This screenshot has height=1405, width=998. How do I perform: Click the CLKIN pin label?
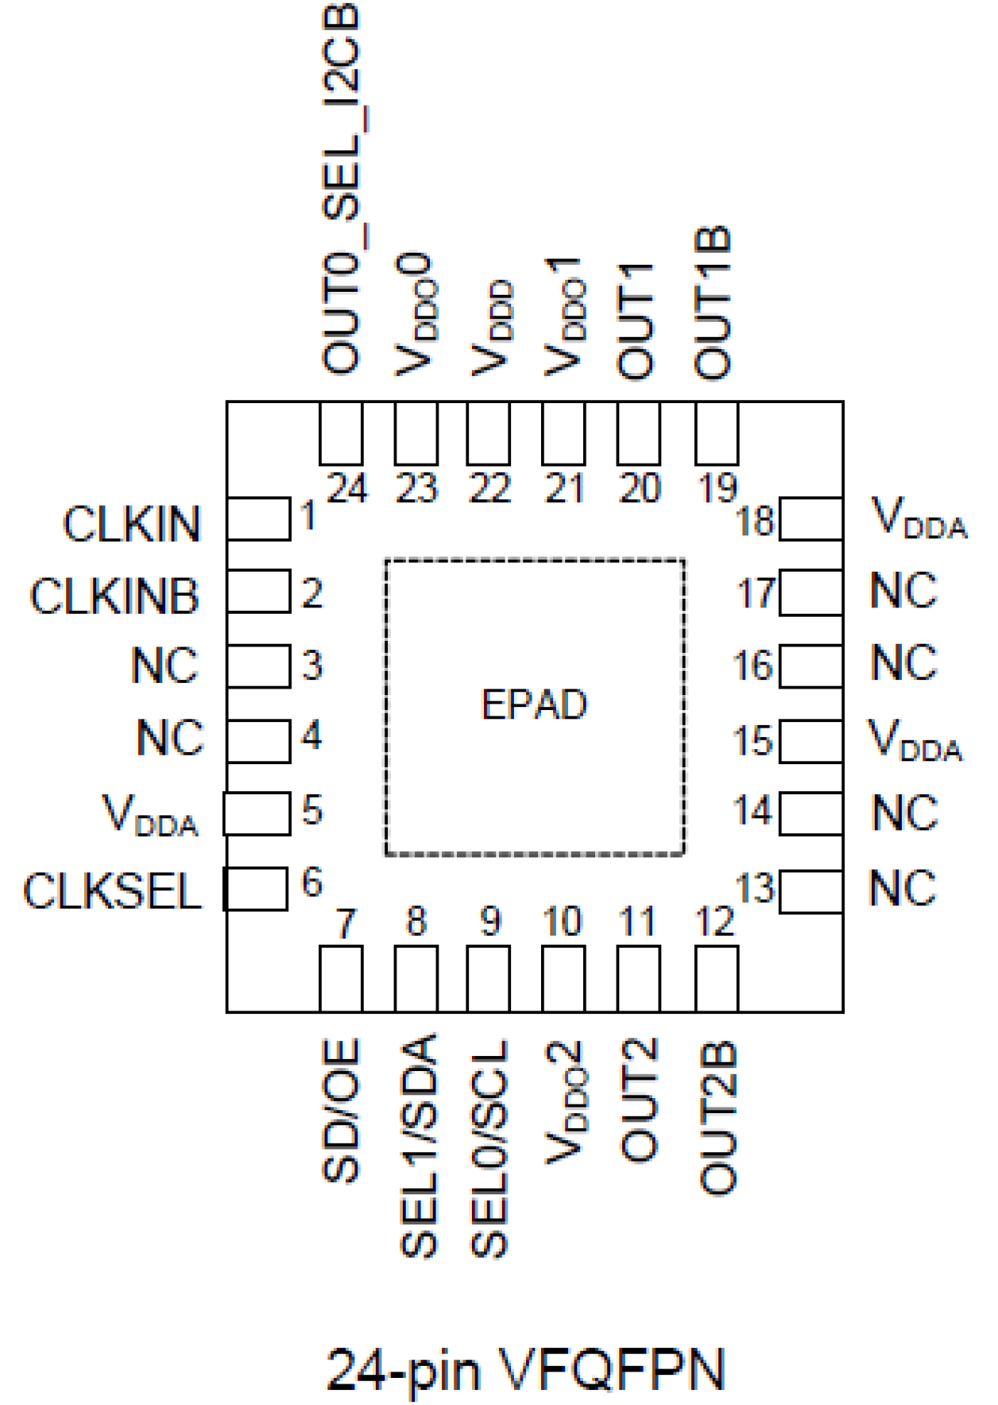(x=132, y=524)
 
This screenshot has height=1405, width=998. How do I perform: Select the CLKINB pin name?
(x=114, y=596)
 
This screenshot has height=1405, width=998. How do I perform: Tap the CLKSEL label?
(x=112, y=891)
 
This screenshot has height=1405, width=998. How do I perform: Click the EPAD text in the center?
(x=534, y=704)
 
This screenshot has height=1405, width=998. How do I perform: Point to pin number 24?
(x=347, y=488)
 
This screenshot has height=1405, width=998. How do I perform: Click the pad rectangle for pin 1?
(x=258, y=519)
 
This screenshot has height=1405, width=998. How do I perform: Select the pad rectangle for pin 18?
(x=810, y=519)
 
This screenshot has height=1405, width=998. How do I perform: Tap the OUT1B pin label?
(x=713, y=303)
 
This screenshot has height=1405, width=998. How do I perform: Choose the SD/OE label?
(x=342, y=1110)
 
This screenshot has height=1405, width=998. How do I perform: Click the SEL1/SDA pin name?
(x=418, y=1145)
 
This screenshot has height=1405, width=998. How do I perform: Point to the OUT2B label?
(x=718, y=1117)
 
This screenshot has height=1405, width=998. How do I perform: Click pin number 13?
(x=754, y=888)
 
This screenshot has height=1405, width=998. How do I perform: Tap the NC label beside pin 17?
(x=903, y=591)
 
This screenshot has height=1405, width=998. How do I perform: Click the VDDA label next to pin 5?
(x=150, y=815)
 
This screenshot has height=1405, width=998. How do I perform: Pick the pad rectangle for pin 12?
(x=717, y=978)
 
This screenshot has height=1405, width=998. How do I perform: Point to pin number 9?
(x=490, y=922)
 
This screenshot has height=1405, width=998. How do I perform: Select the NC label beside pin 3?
(x=164, y=666)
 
